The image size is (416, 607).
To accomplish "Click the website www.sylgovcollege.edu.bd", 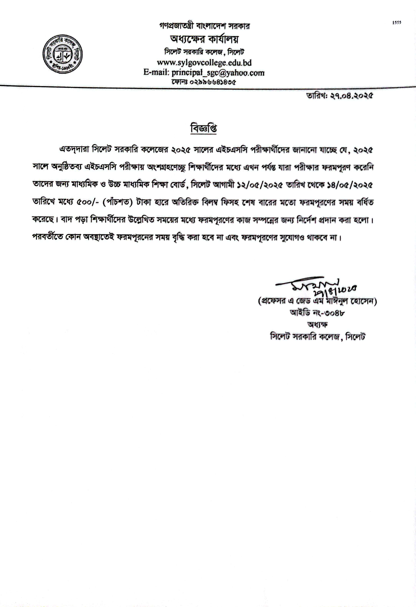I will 204,63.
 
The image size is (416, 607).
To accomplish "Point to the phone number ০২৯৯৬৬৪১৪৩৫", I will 213,82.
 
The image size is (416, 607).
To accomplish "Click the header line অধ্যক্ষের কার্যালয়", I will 204,39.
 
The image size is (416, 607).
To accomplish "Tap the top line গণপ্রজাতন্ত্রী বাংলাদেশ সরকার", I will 204,26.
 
